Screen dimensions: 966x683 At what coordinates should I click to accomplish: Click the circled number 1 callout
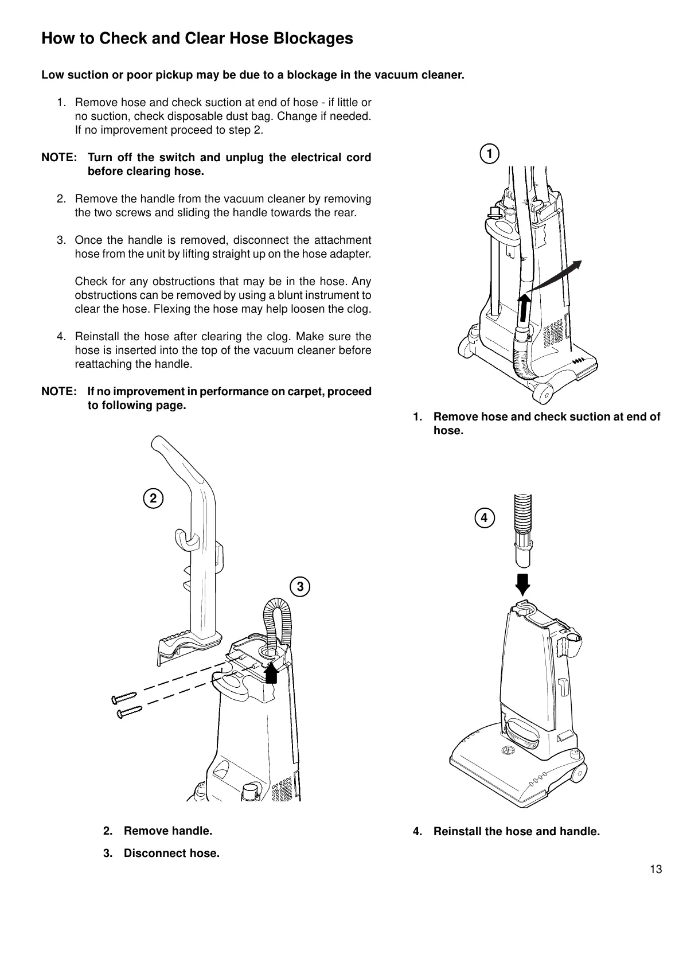pyautogui.click(x=489, y=154)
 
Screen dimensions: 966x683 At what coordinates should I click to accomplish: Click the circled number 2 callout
pyautogui.click(x=153, y=498)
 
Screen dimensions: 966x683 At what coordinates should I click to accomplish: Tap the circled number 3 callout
pyautogui.click(x=300, y=587)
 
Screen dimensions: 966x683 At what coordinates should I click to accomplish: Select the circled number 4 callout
pyautogui.click(x=484, y=517)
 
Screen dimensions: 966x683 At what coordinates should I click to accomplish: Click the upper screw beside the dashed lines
pyautogui.click(x=123, y=697)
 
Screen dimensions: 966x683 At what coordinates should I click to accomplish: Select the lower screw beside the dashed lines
pyautogui.click(x=128, y=712)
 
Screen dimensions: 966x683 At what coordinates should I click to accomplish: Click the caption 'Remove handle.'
pyautogui.click(x=168, y=831)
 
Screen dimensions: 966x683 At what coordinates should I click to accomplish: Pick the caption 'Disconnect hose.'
pyautogui.click(x=171, y=853)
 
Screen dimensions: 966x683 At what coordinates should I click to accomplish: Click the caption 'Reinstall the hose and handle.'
pyautogui.click(x=516, y=831)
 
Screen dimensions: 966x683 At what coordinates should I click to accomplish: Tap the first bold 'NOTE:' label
pyautogui.click(x=59, y=157)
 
